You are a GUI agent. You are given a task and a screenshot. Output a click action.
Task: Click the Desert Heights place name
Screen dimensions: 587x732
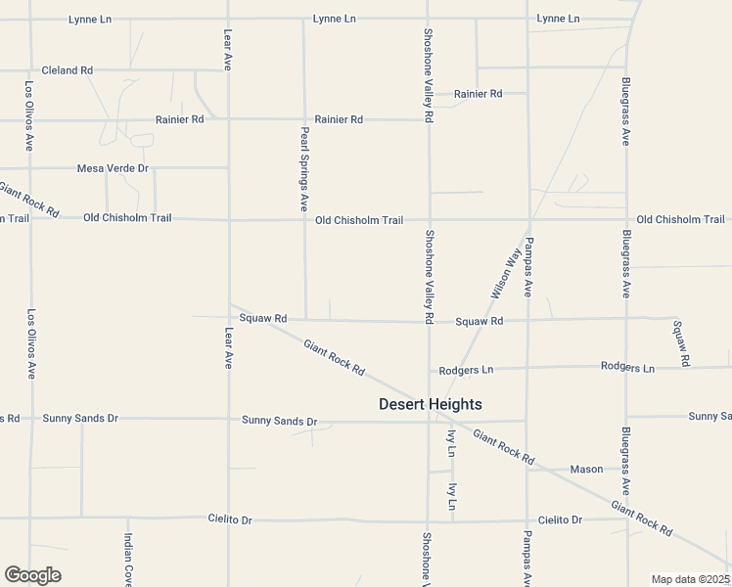(430, 404)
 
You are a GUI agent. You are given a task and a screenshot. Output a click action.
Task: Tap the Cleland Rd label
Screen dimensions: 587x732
(67, 70)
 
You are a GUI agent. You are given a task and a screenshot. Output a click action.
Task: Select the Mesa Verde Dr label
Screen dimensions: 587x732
(113, 168)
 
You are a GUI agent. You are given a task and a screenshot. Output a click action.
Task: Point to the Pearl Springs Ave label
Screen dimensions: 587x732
(304, 169)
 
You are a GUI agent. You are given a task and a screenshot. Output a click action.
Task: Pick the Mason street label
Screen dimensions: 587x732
(587, 469)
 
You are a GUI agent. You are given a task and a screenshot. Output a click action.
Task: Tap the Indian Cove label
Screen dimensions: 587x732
(128, 560)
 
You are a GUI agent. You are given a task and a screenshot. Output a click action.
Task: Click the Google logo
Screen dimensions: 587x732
(32, 575)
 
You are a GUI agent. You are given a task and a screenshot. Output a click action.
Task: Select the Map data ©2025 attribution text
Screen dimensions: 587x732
(689, 579)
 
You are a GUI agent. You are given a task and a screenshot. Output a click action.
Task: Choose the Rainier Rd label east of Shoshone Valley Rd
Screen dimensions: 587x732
(478, 94)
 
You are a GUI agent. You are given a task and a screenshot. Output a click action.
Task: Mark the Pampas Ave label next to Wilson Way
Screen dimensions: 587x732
(527, 267)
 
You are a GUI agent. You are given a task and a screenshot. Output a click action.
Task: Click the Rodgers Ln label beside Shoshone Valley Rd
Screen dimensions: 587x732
(466, 370)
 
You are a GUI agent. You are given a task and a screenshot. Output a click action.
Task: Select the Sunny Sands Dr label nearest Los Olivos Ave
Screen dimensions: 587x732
(80, 418)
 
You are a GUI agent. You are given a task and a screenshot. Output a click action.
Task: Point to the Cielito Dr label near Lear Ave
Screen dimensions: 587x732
(230, 519)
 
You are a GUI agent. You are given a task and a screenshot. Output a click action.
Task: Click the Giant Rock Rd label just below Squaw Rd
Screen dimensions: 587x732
(334, 358)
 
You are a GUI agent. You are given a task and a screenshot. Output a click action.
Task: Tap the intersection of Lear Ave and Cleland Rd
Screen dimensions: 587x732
(228, 70)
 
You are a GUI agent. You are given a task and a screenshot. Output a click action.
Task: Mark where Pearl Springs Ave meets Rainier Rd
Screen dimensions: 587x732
(303, 119)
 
